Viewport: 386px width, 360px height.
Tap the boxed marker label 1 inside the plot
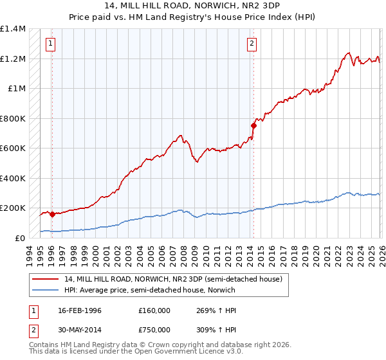50,44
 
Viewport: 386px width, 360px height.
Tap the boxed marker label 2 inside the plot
252,44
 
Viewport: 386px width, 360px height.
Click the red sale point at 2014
253,126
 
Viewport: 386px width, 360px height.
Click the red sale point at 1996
52,214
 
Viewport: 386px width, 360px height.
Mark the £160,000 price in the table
154,310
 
